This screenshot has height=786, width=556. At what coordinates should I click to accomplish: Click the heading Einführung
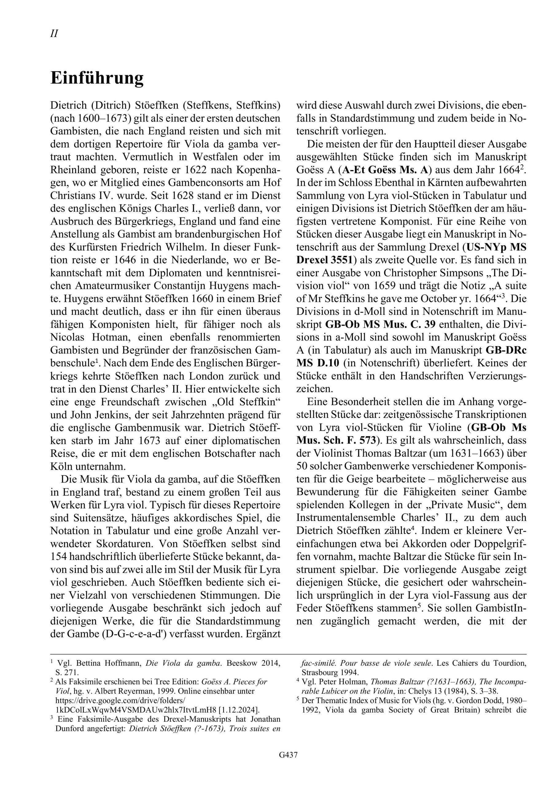coord(97,78)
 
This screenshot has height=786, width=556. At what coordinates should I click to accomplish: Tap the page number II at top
coord(54,33)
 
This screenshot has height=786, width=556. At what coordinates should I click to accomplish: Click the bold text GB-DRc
coord(506,350)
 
